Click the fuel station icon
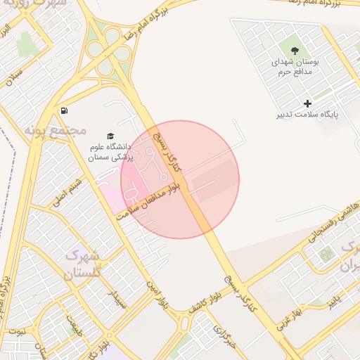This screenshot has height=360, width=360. point(65,110)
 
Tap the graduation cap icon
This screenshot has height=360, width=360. point(110,136)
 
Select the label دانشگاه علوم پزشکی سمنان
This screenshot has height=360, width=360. point(111,153)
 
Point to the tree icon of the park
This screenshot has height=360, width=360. point(295,50)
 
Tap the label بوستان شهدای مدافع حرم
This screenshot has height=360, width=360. point(295,67)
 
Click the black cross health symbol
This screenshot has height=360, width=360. point(307,103)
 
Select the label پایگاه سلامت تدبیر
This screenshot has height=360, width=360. point(307,114)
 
